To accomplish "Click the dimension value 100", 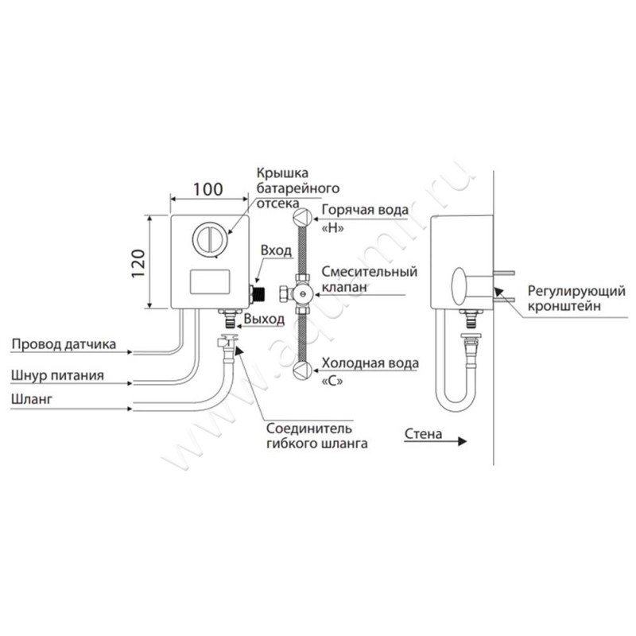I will tap(208, 190).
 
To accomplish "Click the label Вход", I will tap(276, 251).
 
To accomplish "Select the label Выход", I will tap(265, 318).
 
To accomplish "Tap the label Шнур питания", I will tap(57, 374).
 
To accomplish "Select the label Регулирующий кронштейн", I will tap(563, 299).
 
